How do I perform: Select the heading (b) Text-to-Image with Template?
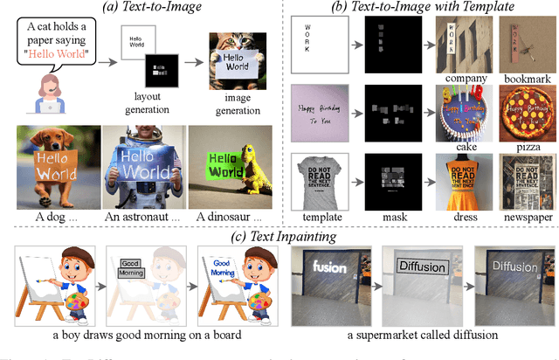click(x=420, y=9)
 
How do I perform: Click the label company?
click(x=465, y=76)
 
